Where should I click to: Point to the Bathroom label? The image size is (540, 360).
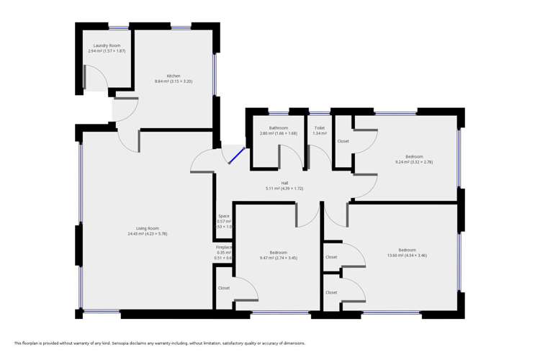278,127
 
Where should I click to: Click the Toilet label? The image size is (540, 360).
319,127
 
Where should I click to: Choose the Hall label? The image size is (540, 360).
284,183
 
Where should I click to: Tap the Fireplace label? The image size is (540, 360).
224,247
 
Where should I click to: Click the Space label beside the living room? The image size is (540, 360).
224,215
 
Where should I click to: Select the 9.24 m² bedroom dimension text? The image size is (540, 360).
413,162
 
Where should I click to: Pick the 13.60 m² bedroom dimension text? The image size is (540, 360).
406,256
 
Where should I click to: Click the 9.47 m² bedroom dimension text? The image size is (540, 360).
278,258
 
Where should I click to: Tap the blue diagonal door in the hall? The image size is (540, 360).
238,156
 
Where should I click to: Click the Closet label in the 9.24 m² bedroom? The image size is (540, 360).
343,141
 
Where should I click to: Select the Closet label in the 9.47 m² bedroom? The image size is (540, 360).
224,288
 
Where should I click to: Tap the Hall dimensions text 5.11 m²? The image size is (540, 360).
284,189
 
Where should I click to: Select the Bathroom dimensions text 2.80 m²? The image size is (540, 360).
278,133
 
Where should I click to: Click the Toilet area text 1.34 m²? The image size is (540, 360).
319,133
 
